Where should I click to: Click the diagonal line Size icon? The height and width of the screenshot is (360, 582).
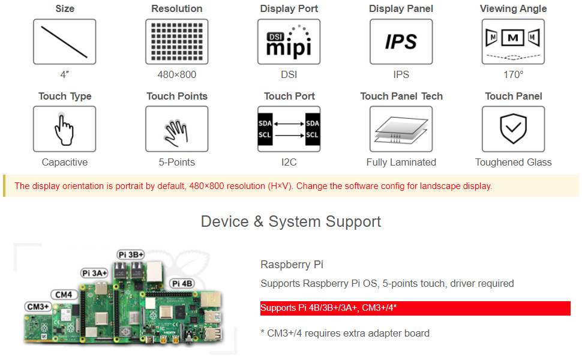[64, 41]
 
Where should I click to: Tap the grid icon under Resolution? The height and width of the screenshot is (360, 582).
[176, 41]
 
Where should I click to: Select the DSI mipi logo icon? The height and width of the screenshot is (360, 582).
[289, 41]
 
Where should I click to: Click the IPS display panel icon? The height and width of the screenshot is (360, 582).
[401, 41]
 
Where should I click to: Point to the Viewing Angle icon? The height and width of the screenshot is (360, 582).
[513, 41]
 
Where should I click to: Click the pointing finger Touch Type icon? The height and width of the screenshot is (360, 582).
[64, 129]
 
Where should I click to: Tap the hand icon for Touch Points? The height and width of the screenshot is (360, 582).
[176, 129]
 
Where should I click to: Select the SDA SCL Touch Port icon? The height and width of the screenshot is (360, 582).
[289, 129]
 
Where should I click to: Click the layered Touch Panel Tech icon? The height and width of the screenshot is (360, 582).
[401, 129]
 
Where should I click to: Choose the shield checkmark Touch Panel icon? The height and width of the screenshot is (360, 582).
[513, 129]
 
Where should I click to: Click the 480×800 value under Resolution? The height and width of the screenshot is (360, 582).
[176, 75]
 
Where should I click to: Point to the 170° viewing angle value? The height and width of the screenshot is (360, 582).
[513, 75]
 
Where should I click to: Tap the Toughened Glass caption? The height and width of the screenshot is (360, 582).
[513, 163]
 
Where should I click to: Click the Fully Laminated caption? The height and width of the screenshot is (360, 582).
[401, 163]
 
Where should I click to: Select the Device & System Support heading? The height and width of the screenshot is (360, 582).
[291, 221]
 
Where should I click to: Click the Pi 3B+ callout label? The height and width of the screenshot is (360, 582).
[131, 254]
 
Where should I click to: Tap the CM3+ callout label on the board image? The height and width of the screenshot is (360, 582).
[38, 306]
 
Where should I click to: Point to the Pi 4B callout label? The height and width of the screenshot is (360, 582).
[182, 283]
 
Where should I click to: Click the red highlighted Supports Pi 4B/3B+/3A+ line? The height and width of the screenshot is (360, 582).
[329, 308]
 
